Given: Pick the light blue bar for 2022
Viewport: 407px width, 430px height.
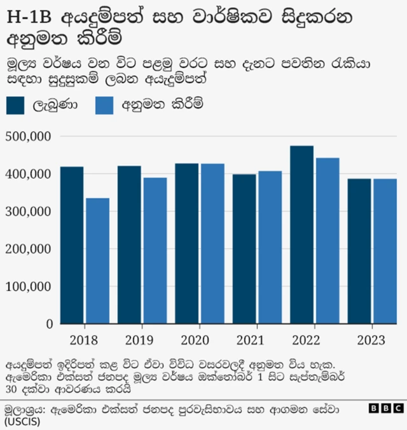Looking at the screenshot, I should coord(328,241).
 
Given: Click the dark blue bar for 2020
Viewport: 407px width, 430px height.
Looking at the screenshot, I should coord(187,244).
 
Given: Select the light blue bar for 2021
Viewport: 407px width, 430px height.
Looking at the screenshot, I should coord(270,247).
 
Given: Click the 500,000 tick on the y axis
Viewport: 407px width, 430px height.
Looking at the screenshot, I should coord(28,137).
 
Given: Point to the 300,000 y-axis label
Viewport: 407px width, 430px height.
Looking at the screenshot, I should coord(28,212).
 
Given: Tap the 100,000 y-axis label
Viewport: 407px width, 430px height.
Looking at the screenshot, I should coord(28,286).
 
